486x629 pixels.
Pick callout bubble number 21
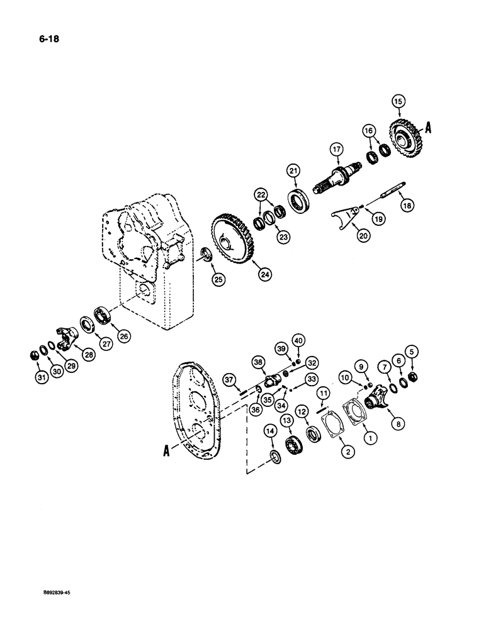(x=293, y=170)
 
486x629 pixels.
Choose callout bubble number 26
(x=123, y=337)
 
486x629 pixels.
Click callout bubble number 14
(x=270, y=430)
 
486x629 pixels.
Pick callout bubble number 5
(x=412, y=352)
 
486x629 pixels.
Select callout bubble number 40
(x=315, y=341)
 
